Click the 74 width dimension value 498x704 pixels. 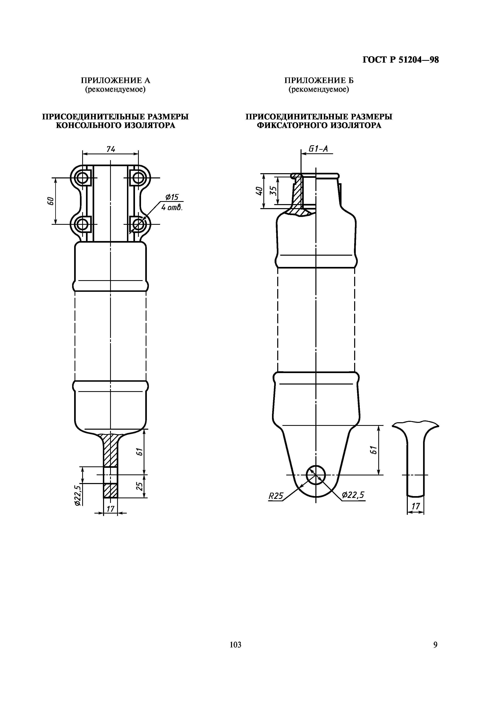tap(110, 149)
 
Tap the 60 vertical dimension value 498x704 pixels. tap(51, 201)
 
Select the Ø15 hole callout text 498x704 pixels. tap(172, 197)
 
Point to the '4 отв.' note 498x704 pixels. tap(172, 208)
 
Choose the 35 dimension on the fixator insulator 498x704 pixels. tap(273, 191)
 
